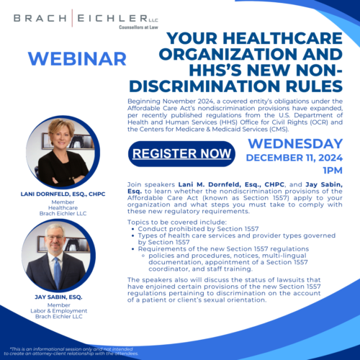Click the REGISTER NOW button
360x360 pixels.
coord(181,154)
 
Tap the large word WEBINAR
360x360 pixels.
coord(77,59)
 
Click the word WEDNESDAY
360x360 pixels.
coord(295,144)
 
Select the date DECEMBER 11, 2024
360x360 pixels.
coord(294,158)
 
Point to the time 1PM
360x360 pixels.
coord(333,171)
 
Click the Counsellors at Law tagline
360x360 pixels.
coord(138,27)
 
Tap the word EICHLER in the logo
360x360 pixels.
coord(112,18)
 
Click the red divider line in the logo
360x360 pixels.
coord(72,18)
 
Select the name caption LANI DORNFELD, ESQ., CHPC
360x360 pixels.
coord(63,194)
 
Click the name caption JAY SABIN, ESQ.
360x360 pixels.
coord(58,297)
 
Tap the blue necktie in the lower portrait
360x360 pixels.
coord(58,273)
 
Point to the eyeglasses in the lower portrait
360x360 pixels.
coord(55,237)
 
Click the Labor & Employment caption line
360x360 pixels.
coord(59,311)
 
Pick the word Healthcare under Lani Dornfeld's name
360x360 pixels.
coord(63,208)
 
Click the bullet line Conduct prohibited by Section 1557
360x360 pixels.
coord(198,229)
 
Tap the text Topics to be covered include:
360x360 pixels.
coord(177,222)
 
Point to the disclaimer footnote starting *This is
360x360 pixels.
coord(71,351)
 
